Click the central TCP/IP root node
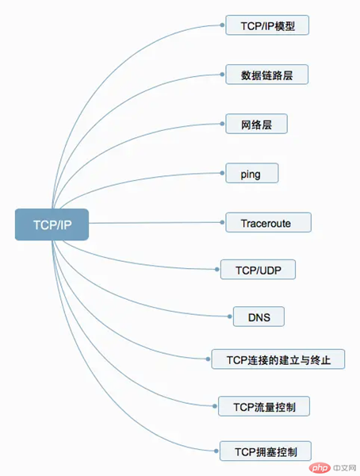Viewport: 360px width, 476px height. [52, 225]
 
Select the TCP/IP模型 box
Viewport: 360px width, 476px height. [267, 25]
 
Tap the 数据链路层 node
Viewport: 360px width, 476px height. [266, 75]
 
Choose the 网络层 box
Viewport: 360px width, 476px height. [256, 124]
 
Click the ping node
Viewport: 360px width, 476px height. [252, 173]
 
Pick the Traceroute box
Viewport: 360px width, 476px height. [268, 222]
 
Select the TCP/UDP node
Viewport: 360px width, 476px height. [258, 270]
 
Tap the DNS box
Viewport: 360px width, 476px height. [259, 317]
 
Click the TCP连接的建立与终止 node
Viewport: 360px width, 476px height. [278, 359]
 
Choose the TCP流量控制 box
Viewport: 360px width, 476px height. [264, 406]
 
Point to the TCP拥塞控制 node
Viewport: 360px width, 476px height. [266, 451]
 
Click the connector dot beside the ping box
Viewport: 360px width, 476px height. [222, 173]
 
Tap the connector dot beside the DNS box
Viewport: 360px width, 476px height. [230, 317]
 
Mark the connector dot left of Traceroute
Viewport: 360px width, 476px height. [222, 222]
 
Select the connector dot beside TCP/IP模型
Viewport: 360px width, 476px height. [222, 25]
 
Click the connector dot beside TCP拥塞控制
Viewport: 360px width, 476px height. [216, 451]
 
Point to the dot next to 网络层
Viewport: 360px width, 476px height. [222, 124]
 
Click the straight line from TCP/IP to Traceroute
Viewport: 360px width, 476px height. [155, 223]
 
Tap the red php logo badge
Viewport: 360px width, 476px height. [320, 468]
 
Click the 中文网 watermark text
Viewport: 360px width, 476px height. [343, 468]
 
